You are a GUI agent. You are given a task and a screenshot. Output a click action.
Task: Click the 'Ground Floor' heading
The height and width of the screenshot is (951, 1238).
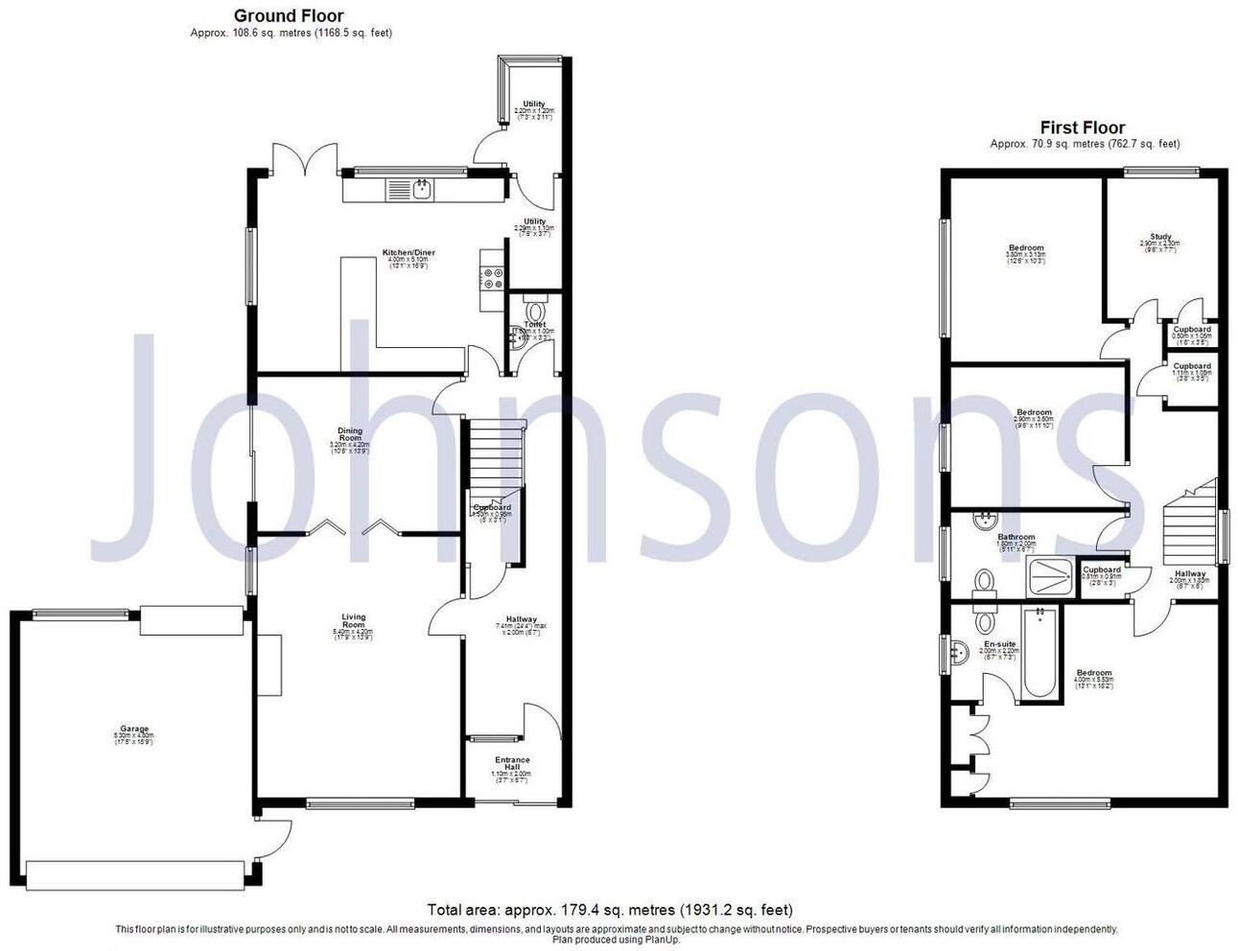[x=289, y=15]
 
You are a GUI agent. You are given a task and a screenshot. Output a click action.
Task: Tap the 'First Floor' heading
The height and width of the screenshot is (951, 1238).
[x=1083, y=128]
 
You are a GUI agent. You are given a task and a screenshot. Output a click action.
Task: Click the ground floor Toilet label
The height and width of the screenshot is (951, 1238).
[x=534, y=325]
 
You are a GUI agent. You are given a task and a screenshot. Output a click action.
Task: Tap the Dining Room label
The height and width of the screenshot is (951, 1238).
[x=349, y=435]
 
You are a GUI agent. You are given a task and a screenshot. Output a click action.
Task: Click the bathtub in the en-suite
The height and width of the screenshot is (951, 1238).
[x=1039, y=653]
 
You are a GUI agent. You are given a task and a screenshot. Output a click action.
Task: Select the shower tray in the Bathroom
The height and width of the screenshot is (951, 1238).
[x=1051, y=576]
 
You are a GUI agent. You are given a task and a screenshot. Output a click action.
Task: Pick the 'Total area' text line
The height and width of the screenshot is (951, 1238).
[x=610, y=909]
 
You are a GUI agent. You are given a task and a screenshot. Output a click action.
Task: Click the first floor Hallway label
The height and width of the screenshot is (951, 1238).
[x=1189, y=574]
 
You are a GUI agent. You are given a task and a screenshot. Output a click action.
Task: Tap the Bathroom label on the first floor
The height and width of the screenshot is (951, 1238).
[x=1016, y=537]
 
